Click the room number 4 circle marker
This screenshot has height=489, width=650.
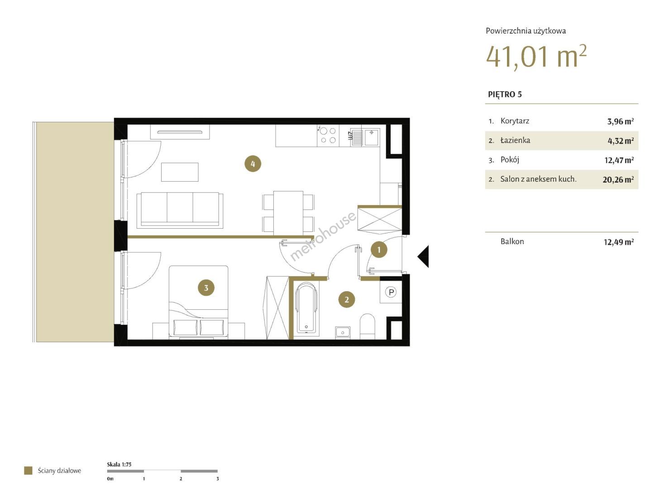(x=253, y=164)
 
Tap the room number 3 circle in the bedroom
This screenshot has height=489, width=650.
(x=206, y=288)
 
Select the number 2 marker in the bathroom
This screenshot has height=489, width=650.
(x=346, y=300)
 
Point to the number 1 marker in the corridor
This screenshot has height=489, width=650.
(x=379, y=249)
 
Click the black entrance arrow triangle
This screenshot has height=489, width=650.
(x=423, y=256)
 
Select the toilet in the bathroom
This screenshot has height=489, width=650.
(x=367, y=326)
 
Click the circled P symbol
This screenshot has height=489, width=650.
(x=391, y=292)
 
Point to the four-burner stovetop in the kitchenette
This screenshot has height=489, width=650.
(x=328, y=135)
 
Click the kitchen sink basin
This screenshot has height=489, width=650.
(x=371, y=137)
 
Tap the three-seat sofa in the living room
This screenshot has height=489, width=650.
(x=180, y=210)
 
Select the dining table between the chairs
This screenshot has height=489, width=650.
(x=288, y=213)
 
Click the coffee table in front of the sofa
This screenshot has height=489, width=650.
(x=180, y=172)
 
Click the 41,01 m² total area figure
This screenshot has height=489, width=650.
(x=536, y=57)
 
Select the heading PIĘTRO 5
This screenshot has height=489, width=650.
(x=505, y=95)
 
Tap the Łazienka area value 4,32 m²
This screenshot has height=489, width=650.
(x=621, y=141)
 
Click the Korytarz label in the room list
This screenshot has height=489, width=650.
(x=515, y=121)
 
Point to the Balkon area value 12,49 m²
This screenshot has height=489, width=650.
(x=619, y=242)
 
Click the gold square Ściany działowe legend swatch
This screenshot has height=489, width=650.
(x=28, y=470)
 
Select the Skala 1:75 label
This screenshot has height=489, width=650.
(x=119, y=464)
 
